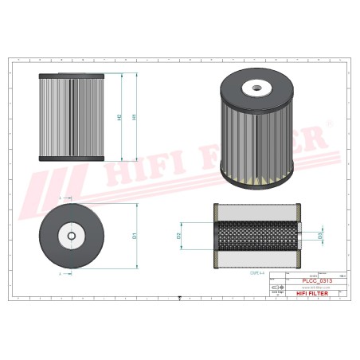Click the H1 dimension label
tap(134, 117)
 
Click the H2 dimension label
tap(119, 117)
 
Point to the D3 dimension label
tap(320, 236)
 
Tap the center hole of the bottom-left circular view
tap(72, 234)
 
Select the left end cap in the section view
tap(216, 235)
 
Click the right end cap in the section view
tap(299, 235)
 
